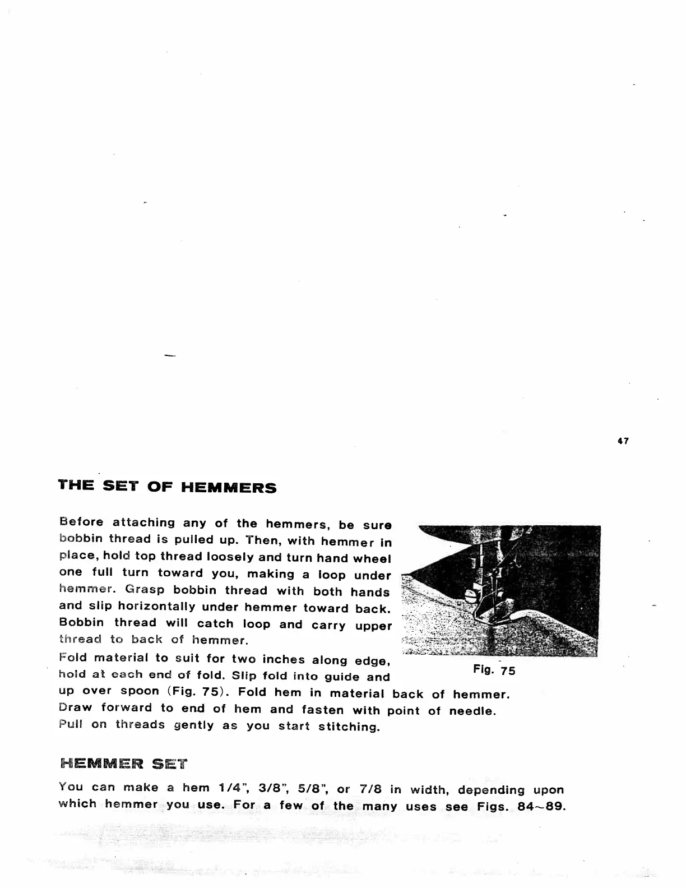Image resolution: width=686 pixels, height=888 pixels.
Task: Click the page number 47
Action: coord(623,441)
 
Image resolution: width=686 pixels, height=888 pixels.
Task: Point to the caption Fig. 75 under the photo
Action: coord(494,670)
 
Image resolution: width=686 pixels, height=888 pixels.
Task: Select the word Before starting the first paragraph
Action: coord(81,522)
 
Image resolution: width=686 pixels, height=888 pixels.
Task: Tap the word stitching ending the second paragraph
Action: coord(349,727)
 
